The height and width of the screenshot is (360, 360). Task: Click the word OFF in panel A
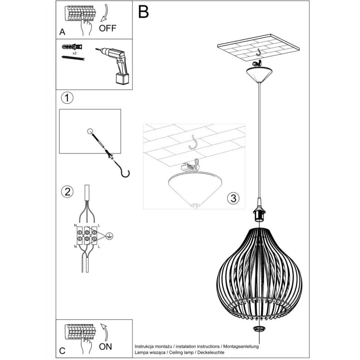tap(108, 28)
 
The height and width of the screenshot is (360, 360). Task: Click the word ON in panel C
tap(106, 347)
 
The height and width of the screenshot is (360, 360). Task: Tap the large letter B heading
tap(144, 12)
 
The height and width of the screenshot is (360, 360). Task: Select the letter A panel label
tap(62, 32)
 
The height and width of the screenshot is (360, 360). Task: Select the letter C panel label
tap(62, 350)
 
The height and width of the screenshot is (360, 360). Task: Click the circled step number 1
tap(67, 98)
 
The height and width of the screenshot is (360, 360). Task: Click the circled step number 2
tap(67, 192)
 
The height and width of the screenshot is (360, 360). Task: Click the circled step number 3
tap(233, 198)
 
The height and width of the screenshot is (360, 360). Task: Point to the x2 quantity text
tap(75, 53)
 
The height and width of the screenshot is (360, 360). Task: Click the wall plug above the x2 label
tap(72, 47)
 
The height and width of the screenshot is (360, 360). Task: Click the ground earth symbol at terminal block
tap(109, 235)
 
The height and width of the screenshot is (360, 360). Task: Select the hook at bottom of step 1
tap(125, 173)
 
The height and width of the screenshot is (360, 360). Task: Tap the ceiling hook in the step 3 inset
tap(193, 143)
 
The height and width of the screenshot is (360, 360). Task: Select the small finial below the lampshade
tap(259, 329)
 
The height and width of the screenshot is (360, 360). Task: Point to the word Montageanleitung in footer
tap(242, 346)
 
